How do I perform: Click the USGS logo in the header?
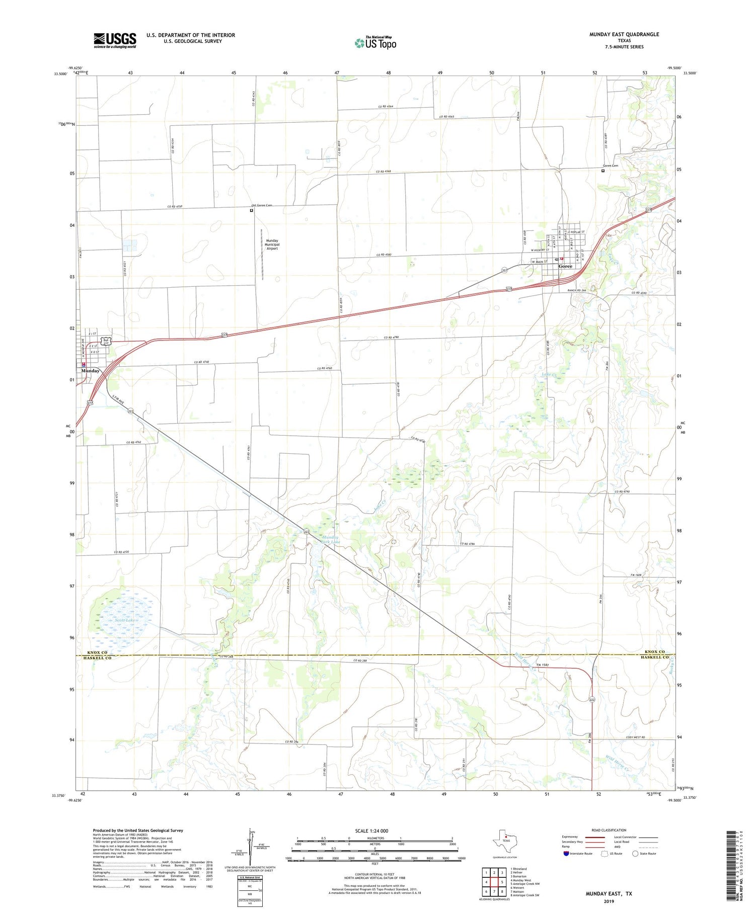(115, 40)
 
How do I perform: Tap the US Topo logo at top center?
(375, 43)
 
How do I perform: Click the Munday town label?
(90, 371)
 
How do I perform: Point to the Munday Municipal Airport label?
(272, 244)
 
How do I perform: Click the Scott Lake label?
(125, 620)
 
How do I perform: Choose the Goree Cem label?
(610, 165)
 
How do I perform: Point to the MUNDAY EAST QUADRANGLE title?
(624, 34)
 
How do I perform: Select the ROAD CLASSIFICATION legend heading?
(609, 830)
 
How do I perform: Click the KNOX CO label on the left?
(98, 652)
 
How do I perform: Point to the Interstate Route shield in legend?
(567, 854)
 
